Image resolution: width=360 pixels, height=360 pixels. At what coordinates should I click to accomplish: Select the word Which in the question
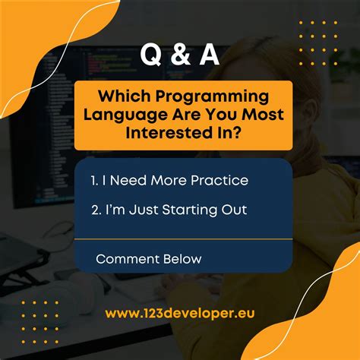tap(122, 97)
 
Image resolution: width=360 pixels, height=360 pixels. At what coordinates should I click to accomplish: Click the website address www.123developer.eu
tap(181, 313)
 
